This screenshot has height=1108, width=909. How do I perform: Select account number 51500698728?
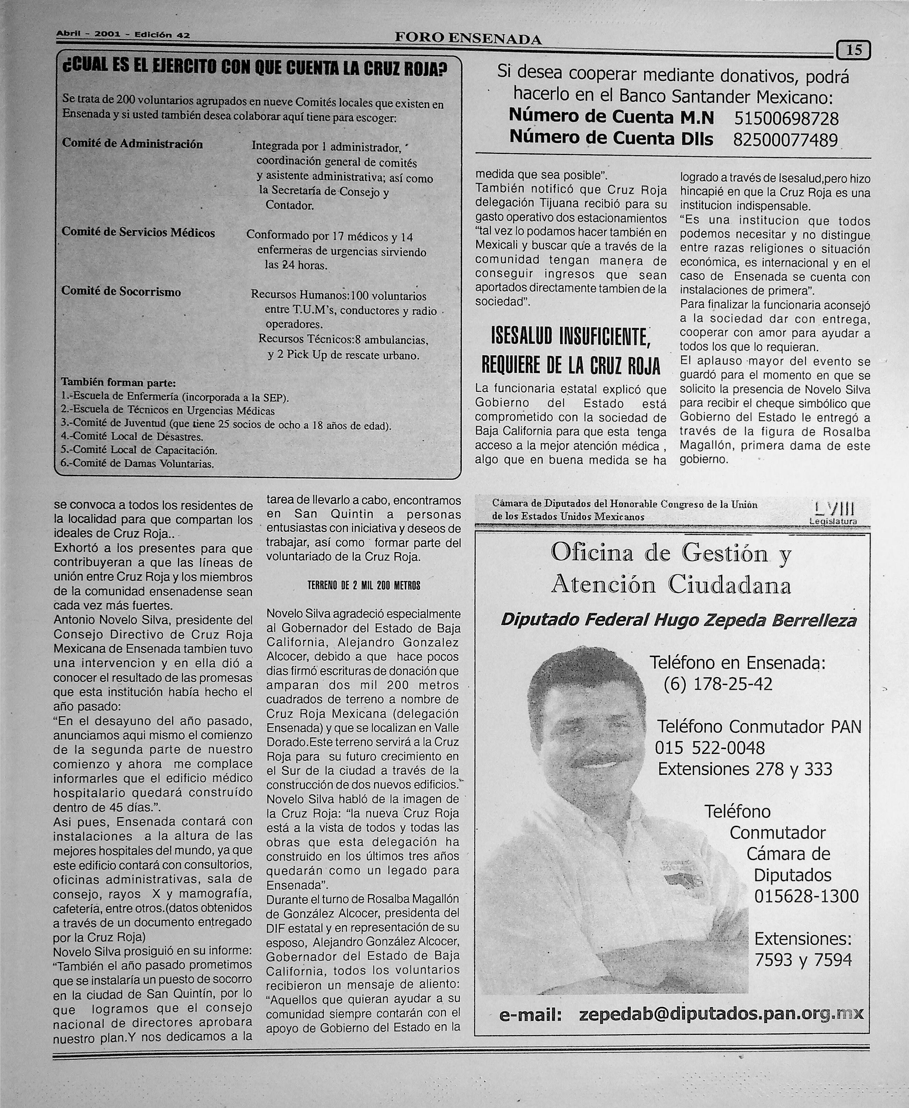[786, 118]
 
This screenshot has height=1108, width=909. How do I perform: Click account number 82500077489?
[785, 140]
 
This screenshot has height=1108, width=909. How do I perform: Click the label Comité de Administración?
[133, 144]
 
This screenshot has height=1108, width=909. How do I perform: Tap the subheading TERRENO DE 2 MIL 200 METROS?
[363, 586]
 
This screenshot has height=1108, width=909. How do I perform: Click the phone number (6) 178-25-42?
[717, 684]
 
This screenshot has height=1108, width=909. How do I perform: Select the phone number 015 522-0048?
[710, 748]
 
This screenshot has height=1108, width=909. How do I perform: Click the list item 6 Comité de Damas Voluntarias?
[137, 463]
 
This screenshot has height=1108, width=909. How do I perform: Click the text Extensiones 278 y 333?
[745, 769]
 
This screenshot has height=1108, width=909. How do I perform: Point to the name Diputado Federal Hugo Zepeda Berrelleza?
[678, 620]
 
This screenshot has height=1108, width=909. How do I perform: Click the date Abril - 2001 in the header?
[88, 35]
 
